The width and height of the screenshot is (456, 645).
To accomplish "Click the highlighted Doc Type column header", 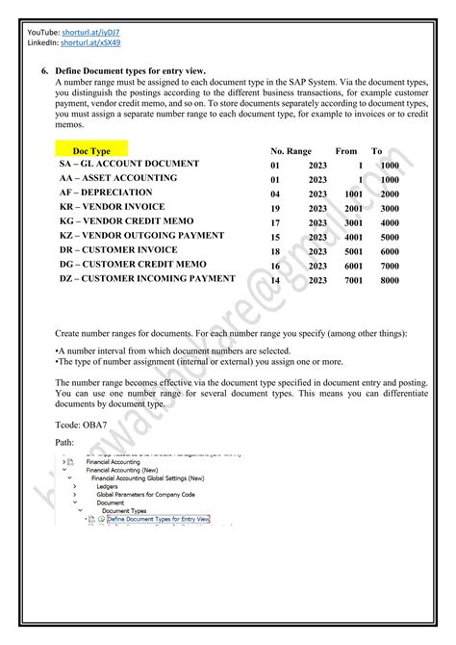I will pyautogui.click(x=92, y=151).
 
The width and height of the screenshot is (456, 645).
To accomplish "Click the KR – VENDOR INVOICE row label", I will pyautogui.click(x=112, y=207).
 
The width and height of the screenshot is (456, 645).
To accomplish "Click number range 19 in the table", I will pyautogui.click(x=275, y=208).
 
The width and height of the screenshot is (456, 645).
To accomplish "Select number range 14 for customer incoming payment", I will pyautogui.click(x=275, y=280).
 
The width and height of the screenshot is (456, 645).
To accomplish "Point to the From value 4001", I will pyautogui.click(x=354, y=237).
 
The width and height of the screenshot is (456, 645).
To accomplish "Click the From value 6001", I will pyautogui.click(x=354, y=266).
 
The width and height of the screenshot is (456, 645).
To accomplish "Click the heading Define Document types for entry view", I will pyautogui.click(x=131, y=71).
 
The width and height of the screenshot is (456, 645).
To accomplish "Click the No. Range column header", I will pyautogui.click(x=291, y=151).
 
